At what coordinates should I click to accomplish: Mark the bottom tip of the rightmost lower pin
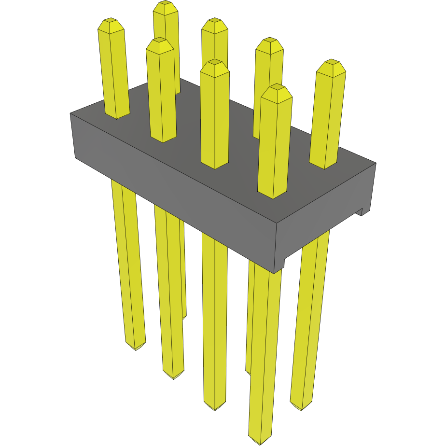pos(301,409)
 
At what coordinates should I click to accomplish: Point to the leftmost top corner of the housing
pos(70,113)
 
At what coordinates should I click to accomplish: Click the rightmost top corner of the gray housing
pos(376,163)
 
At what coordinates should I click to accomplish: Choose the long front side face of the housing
pos(174,193)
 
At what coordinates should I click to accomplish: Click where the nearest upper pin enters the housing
pos(273,195)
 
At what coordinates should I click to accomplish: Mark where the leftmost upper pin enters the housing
pos(117,116)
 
